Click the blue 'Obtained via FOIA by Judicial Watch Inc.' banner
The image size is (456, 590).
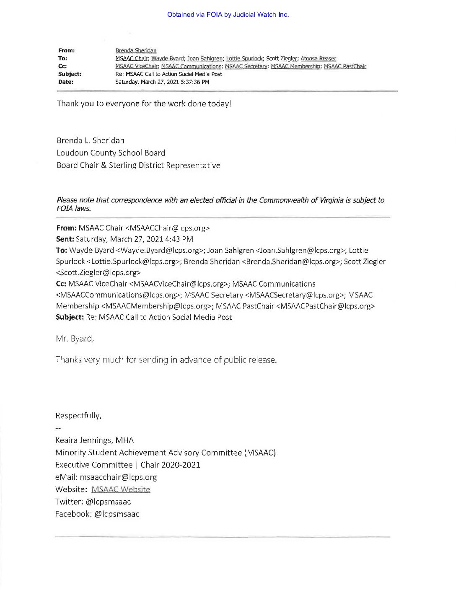click(228, 15)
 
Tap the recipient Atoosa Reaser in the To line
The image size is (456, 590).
click(318, 59)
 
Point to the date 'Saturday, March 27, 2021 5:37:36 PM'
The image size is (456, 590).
click(162, 82)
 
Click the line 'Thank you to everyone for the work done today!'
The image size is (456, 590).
click(144, 104)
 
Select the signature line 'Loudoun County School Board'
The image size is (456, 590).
click(111, 153)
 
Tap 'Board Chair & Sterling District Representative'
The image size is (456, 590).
click(138, 166)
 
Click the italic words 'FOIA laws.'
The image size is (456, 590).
click(74, 208)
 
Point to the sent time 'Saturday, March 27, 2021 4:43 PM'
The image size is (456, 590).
click(135, 239)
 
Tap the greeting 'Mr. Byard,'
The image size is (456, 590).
click(75, 339)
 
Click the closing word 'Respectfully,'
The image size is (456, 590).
click(78, 416)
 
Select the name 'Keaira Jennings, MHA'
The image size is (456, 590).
click(95, 440)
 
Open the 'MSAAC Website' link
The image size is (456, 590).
click(121, 489)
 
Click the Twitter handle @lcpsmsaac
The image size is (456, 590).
click(108, 502)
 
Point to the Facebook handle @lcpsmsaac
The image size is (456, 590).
click(117, 514)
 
